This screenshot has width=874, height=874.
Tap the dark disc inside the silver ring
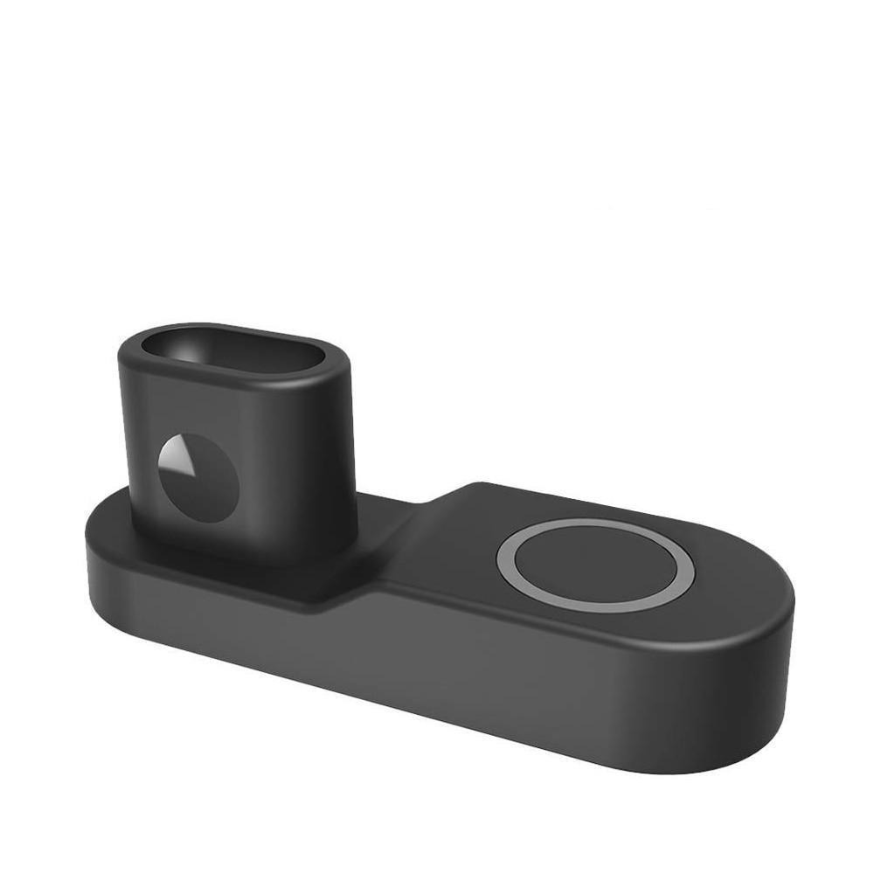click(596, 565)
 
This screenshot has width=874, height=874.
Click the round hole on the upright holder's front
click(198, 477)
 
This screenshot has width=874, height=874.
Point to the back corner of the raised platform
click(481, 485)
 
